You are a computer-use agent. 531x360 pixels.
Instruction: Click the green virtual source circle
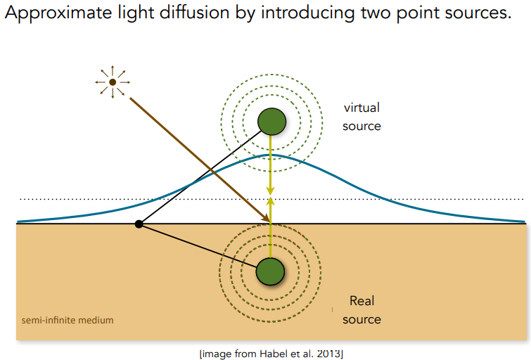(x=272, y=122)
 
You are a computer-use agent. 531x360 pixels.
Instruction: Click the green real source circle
(x=270, y=271)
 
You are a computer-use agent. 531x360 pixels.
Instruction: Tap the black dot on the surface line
(x=139, y=224)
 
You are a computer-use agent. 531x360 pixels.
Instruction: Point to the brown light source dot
(x=113, y=82)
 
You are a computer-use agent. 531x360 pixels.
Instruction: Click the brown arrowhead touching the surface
(x=266, y=219)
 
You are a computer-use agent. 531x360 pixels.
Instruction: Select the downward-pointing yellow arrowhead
(x=270, y=191)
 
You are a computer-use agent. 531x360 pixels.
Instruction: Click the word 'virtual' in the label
(x=362, y=108)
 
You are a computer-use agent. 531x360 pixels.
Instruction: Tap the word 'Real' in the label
(x=362, y=301)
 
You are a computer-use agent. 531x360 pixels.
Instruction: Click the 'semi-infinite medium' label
(x=68, y=320)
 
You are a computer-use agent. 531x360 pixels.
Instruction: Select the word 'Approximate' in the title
(x=58, y=13)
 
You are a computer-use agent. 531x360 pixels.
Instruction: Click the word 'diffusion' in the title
(x=194, y=13)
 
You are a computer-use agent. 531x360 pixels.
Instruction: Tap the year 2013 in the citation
(x=328, y=354)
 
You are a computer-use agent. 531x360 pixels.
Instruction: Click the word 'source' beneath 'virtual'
(x=362, y=127)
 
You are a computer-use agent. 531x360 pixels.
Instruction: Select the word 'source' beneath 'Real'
(x=362, y=319)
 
